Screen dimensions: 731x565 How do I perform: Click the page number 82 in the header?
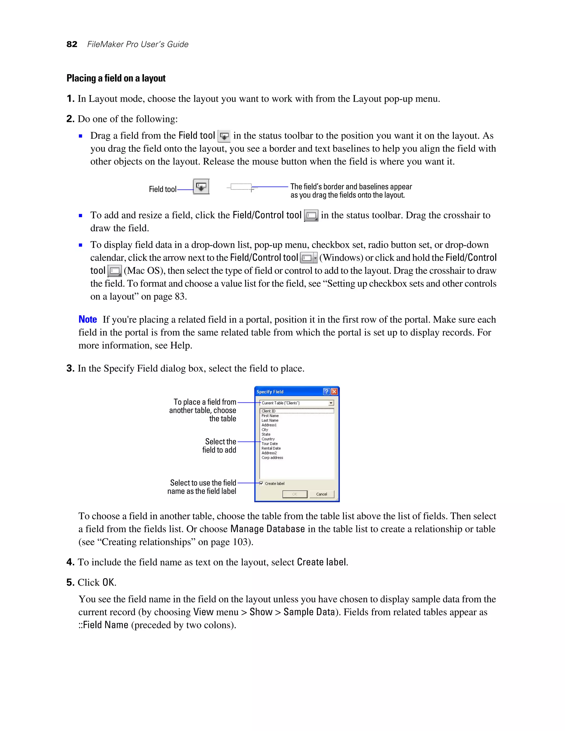[x=72, y=44]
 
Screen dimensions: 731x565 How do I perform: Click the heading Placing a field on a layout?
[x=116, y=78]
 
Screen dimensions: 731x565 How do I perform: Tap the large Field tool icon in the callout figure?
[x=201, y=186]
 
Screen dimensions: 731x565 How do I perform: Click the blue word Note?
[x=88, y=319]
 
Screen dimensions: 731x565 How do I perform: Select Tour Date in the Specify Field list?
[x=270, y=444]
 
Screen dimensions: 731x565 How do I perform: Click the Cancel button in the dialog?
[x=321, y=494]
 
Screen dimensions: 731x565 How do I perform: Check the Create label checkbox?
[x=262, y=483]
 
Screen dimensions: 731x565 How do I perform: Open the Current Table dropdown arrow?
[x=331, y=403]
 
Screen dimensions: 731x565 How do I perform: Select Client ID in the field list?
[x=268, y=411]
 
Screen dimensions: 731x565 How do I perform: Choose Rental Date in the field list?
[x=271, y=448]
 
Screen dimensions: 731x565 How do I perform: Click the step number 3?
[x=70, y=368]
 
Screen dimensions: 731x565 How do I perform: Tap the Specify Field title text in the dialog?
[x=270, y=392]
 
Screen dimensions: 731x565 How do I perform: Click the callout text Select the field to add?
[x=220, y=446]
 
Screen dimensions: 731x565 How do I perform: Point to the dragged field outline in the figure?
[x=241, y=187]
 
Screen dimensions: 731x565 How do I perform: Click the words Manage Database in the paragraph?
[x=267, y=529]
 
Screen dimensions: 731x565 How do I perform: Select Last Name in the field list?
[x=270, y=420]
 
